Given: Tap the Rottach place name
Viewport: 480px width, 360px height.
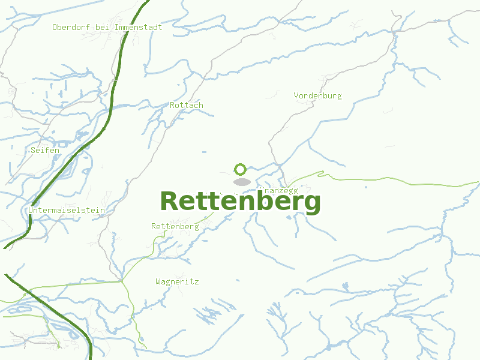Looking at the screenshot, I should coord(187,105).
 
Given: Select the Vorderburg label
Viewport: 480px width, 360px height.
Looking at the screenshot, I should coord(317,95).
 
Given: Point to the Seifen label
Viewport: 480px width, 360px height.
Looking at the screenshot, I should coord(45,150).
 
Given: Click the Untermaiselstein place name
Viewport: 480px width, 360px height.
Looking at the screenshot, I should coord(67,211).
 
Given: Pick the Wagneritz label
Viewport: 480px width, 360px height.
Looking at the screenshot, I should coord(177,281).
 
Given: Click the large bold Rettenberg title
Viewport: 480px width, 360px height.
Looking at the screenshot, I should coord(240,201).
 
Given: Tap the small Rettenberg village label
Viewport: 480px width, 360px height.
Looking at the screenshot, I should coord(175,226).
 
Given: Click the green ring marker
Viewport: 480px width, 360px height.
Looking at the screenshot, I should coord(240,169).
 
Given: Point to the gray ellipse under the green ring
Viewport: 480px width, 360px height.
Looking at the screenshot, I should coord(241,181).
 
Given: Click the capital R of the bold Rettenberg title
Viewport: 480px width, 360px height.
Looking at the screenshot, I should coord(170,201).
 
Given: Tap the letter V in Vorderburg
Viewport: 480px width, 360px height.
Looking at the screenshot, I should coord(296,95).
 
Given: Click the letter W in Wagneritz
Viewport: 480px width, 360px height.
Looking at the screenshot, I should coord(158,281).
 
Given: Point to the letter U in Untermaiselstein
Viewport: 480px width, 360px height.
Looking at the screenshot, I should coord(31,211).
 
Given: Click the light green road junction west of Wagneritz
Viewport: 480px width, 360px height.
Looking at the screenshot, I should coord(121,280).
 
